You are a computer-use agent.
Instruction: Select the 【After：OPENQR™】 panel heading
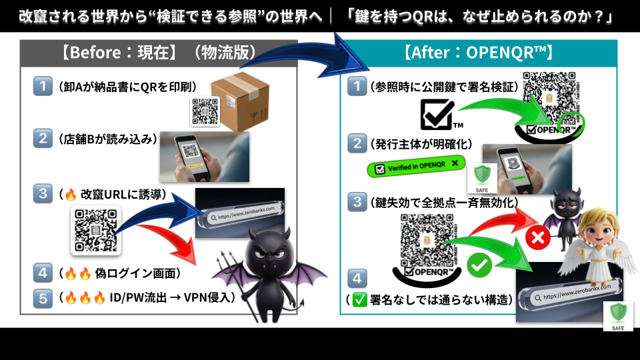(x=477, y=53)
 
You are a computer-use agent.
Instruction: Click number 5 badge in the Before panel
(x=43, y=297)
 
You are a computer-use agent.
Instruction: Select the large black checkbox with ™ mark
(x=437, y=114)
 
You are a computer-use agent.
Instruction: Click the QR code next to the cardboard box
(x=205, y=111)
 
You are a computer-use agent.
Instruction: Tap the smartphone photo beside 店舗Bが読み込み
(x=203, y=157)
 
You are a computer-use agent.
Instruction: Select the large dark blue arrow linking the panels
(x=313, y=61)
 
